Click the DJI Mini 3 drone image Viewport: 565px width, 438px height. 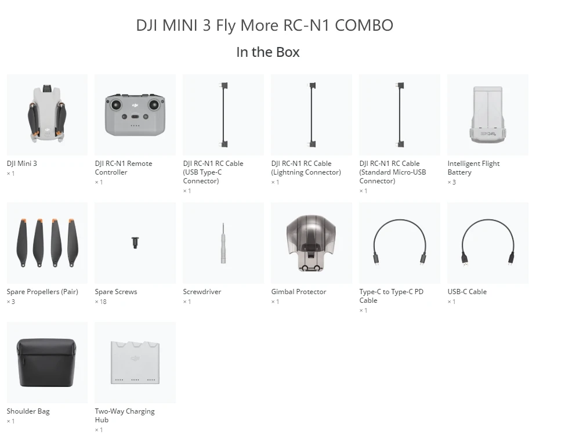pyautogui.click(x=47, y=114)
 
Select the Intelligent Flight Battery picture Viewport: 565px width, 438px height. pyautogui.click(x=487, y=114)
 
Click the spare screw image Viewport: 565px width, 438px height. pyautogui.click(x=135, y=242)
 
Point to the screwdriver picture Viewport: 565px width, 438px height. pyautogui.click(x=223, y=242)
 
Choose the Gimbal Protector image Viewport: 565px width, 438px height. pyautogui.click(x=311, y=242)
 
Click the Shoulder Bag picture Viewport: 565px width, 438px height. pyautogui.click(x=47, y=363)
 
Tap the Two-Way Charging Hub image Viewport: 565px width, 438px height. pyautogui.click(x=135, y=363)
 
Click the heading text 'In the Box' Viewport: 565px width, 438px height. pyautogui.click(x=267, y=52)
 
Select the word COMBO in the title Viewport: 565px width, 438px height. pyautogui.click(x=364, y=26)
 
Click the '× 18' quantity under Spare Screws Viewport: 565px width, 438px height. pyautogui.click(x=101, y=302)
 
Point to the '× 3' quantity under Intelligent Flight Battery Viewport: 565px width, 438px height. pyautogui.click(x=451, y=182)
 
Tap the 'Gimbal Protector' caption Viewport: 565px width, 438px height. pyautogui.click(x=299, y=292)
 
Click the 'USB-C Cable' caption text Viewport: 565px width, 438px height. pyautogui.click(x=467, y=292)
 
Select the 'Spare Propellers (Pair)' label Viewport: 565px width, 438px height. pyautogui.click(x=42, y=292)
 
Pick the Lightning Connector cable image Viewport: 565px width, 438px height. pyautogui.click(x=311, y=114)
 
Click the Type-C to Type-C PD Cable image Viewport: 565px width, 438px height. pyautogui.click(x=399, y=242)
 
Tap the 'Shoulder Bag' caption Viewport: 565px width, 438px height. pyautogui.click(x=28, y=411)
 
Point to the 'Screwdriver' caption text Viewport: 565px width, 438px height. pyautogui.click(x=202, y=292)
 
